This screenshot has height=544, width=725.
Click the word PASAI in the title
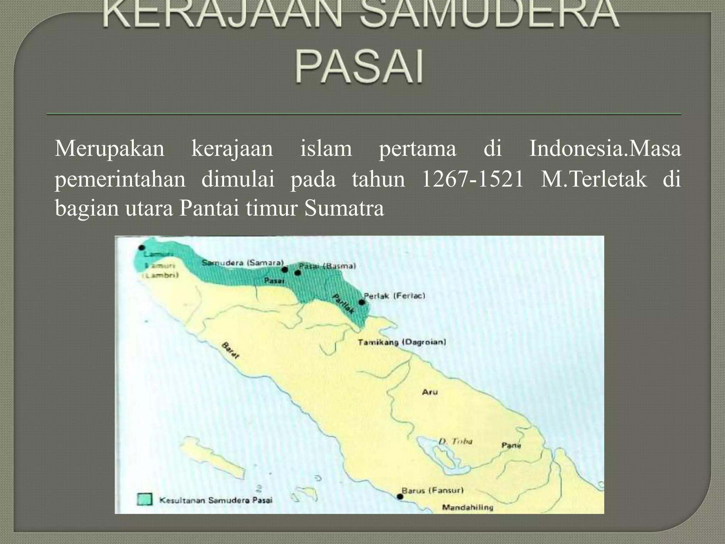click(x=359, y=67)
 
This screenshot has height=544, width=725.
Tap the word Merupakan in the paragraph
click(x=109, y=149)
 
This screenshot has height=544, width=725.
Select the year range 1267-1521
click(x=473, y=179)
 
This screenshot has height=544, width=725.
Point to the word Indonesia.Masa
click(x=605, y=149)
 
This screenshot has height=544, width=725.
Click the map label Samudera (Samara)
click(x=243, y=263)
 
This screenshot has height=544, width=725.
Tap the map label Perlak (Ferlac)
click(x=394, y=296)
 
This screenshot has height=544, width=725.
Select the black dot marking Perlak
click(x=361, y=302)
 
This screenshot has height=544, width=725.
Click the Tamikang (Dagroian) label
click(x=402, y=342)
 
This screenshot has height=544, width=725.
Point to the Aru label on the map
click(x=430, y=392)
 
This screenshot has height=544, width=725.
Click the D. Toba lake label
click(x=455, y=441)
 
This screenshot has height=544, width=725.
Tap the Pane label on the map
click(x=511, y=445)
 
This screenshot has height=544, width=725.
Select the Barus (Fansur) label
click(x=432, y=491)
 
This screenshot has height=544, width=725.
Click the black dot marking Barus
click(x=400, y=497)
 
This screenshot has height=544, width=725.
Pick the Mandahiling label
click(x=467, y=508)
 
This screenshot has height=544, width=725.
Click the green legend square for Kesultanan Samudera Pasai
click(x=145, y=499)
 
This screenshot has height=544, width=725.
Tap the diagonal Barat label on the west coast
click(x=230, y=351)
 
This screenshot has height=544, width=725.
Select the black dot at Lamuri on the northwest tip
click(x=142, y=248)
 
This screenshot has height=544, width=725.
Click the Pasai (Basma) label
click(x=327, y=266)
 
